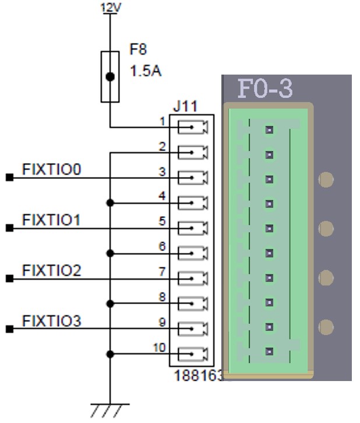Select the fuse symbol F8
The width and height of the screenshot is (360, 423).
(110, 76)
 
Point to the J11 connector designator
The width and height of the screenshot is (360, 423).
(185, 107)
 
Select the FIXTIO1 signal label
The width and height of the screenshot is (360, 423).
(51, 220)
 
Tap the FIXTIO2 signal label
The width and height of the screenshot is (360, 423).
(52, 270)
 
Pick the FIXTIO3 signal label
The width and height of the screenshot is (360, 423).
(52, 320)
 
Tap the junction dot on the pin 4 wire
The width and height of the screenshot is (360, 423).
(110, 203)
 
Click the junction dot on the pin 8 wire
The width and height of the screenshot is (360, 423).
(110, 304)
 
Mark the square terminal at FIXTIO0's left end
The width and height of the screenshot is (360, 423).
(9, 178)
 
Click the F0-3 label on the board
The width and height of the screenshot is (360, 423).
(265, 89)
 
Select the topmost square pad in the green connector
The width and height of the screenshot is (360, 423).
(269, 130)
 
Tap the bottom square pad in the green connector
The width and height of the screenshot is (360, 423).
(269, 351)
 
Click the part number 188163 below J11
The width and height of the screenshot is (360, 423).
(199, 376)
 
